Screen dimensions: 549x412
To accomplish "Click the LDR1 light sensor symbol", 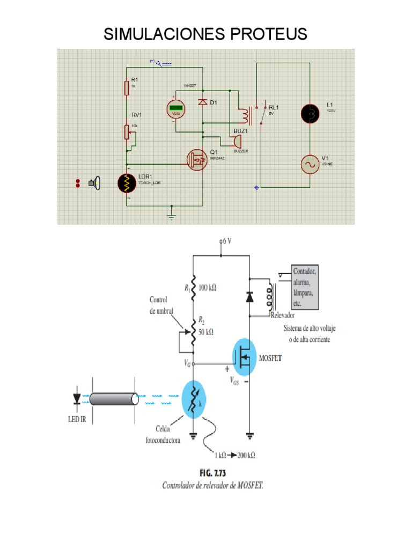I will click(127, 183).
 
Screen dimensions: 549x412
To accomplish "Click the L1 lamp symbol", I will click(310, 113).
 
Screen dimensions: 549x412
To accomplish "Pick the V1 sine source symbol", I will click(310, 164).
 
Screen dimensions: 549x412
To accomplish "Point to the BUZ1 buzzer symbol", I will click(235, 142).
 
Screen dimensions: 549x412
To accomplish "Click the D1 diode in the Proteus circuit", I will click(202, 101).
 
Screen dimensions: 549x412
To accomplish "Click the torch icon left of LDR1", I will click(95, 183).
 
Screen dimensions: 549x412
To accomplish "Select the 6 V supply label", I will click(227, 241).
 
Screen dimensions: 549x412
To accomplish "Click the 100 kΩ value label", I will click(207, 288).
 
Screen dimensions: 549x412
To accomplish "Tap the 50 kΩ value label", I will click(207, 332).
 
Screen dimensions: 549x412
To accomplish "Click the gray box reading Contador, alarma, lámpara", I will click(305, 287).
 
